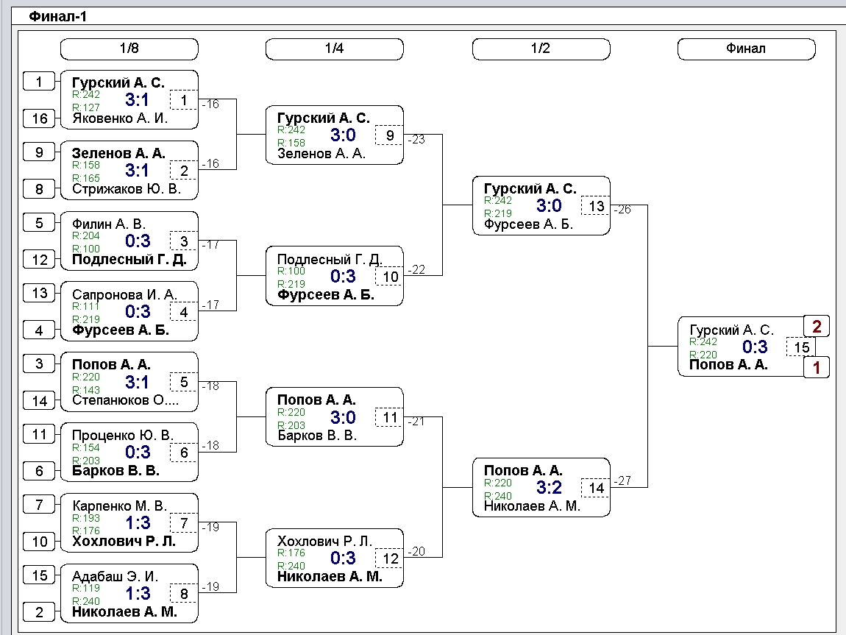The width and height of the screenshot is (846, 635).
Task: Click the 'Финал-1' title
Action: [x=57, y=17]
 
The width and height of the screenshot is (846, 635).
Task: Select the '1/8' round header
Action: [x=129, y=49]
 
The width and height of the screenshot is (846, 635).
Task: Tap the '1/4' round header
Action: [x=335, y=49]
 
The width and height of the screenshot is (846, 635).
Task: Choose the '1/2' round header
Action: [x=541, y=49]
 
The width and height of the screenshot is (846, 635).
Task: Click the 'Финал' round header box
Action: [x=746, y=49]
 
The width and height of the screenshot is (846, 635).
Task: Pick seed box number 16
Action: [x=40, y=118]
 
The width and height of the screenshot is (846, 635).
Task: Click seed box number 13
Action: [x=40, y=293]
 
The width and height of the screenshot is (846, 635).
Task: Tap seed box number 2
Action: [x=40, y=612]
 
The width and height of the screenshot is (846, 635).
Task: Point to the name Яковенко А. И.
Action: [x=120, y=118]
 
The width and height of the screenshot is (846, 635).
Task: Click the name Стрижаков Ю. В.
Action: [x=127, y=189]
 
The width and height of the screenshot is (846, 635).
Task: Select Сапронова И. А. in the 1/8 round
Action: [x=124, y=294]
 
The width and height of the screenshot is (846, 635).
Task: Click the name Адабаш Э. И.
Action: [x=115, y=576]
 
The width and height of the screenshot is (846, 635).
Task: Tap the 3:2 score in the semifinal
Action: [x=549, y=488]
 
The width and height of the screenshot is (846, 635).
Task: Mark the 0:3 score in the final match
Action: [x=755, y=347]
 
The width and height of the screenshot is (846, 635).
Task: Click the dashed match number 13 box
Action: [x=596, y=206]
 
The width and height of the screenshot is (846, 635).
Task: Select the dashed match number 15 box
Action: [x=801, y=347]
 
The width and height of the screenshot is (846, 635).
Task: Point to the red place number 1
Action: [x=817, y=368]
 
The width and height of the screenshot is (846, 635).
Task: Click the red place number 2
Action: [x=817, y=327]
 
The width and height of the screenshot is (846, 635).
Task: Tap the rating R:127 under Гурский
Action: [x=86, y=107]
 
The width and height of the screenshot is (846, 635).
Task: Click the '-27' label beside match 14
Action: [x=623, y=480]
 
